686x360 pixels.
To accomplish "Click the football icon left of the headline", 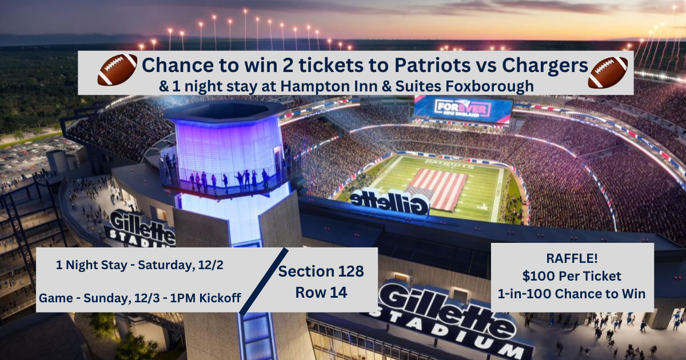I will (117, 70).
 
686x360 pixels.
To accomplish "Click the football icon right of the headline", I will (608, 71).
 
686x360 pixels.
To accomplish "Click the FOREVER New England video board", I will (462, 109).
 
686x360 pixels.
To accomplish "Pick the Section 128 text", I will (321, 271).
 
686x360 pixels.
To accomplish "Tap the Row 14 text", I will (320, 292).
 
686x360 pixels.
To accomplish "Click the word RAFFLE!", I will (572, 258).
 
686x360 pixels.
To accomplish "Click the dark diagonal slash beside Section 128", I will (263, 281).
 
